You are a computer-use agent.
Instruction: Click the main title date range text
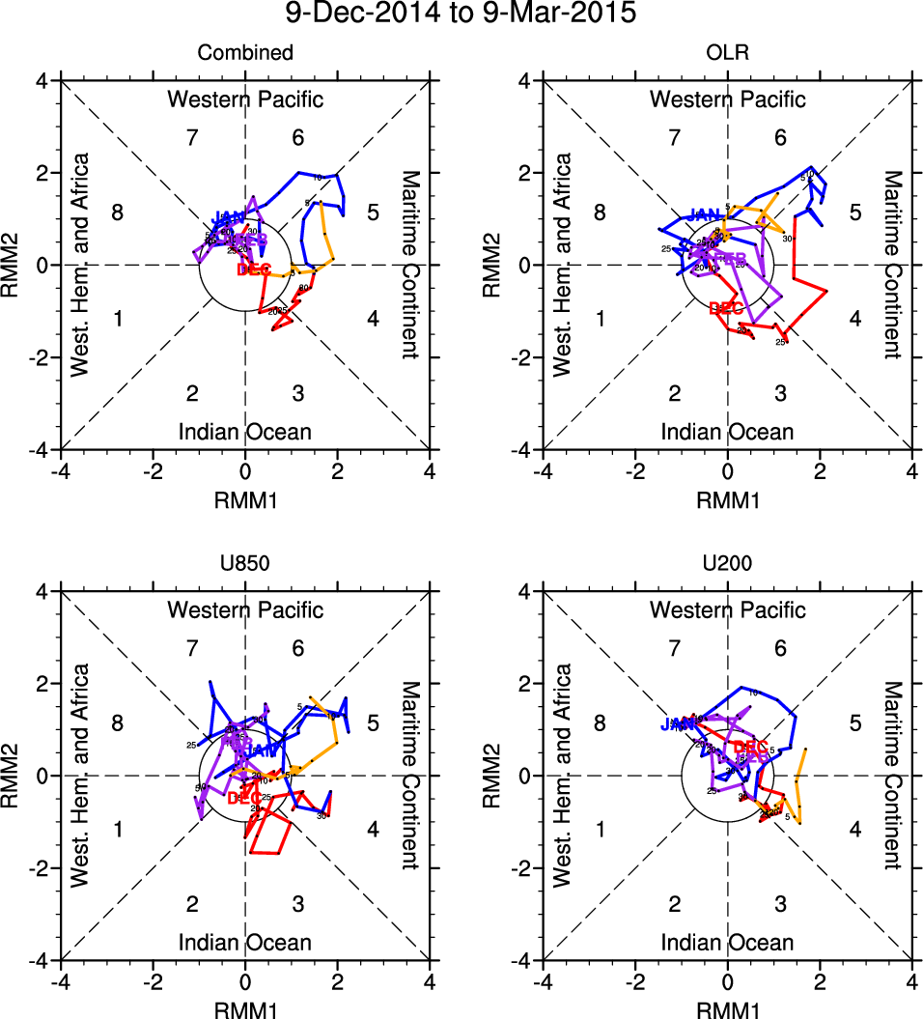(461, 15)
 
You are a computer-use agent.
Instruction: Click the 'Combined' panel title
(244, 53)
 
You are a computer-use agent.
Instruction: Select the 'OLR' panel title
(727, 53)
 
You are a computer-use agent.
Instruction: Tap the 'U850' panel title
(244, 564)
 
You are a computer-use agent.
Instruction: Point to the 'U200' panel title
(727, 564)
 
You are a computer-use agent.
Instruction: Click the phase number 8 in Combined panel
(118, 212)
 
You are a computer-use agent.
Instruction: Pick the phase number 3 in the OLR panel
(780, 392)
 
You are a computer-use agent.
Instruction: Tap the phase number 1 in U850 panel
(118, 829)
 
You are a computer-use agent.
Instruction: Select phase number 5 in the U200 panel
(855, 722)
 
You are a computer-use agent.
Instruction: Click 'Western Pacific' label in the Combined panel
(245, 99)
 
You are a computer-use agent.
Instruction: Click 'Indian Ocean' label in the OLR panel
(727, 432)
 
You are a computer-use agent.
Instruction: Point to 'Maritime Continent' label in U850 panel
(410, 776)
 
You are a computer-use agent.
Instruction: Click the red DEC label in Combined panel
(254, 269)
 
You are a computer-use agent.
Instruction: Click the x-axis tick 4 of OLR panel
(911, 470)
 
